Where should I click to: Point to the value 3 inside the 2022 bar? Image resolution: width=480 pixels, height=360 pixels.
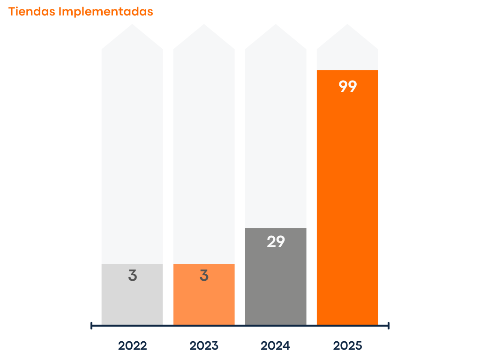click(x=132, y=276)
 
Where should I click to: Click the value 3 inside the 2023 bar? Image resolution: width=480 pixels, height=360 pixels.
click(x=204, y=276)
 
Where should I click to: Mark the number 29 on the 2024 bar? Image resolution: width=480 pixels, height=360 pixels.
click(x=276, y=242)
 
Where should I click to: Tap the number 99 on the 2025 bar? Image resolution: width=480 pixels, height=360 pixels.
click(x=348, y=87)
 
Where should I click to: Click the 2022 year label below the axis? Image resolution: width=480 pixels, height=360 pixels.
click(x=132, y=346)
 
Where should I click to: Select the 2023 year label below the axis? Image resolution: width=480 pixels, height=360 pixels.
click(x=204, y=346)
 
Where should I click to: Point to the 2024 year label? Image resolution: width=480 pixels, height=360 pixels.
click(x=276, y=346)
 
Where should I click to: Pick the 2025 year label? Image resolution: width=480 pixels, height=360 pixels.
click(x=348, y=346)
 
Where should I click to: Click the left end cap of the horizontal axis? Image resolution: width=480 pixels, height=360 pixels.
click(x=91, y=325)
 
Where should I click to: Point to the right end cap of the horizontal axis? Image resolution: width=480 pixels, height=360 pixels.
click(x=389, y=325)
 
